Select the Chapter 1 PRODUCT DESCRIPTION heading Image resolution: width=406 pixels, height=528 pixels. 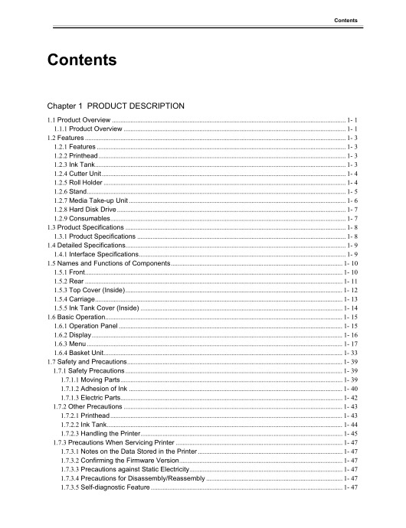pyautogui.click(x=115, y=105)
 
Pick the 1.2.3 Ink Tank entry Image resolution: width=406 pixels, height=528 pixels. pyautogui.click(x=74, y=163)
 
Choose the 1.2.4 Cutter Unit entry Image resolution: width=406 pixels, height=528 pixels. pyautogui.click(x=77, y=173)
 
